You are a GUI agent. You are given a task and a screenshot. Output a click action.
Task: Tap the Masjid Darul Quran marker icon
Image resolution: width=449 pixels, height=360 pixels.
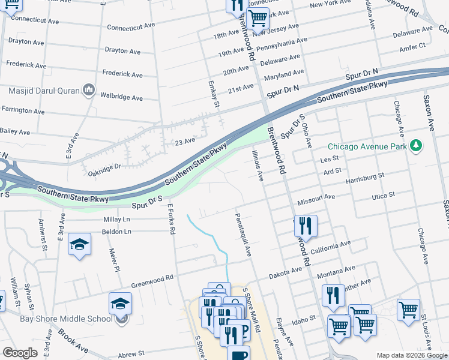click(x=90, y=90)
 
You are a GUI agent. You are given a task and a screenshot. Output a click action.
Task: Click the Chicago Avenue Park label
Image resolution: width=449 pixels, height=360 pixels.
click(x=367, y=146)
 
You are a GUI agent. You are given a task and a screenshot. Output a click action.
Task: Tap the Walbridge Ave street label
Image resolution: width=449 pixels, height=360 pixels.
click(x=121, y=97)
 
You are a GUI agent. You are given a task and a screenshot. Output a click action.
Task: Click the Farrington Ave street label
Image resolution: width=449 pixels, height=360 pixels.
click(x=23, y=110)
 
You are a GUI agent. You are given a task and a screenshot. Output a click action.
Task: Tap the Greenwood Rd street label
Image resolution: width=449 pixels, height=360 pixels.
click(x=152, y=277)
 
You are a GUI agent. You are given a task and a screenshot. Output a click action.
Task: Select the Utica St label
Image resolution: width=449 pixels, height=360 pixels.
click(x=383, y=195)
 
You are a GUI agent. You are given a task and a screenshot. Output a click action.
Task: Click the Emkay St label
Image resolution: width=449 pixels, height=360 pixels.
click(x=212, y=95)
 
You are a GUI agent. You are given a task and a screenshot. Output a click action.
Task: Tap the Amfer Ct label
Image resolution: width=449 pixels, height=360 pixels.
click(x=413, y=46)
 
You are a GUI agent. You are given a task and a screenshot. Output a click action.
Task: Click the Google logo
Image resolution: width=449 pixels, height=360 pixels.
click(x=20, y=353)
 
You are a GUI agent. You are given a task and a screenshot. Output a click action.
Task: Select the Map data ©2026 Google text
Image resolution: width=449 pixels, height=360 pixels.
click(x=411, y=355)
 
